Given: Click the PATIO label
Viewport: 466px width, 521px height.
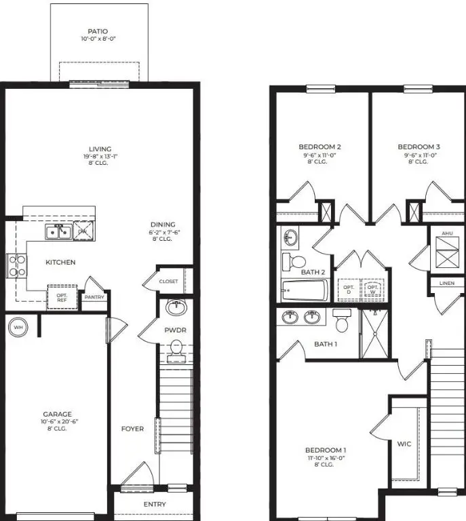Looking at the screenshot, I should point(98,31).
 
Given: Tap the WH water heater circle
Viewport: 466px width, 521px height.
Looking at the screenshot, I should point(18,328).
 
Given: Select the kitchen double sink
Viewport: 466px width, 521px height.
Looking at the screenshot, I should point(59,232).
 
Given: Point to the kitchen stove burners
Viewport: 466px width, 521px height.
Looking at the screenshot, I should point(16,265).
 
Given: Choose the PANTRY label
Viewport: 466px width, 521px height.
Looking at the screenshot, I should point(94,296).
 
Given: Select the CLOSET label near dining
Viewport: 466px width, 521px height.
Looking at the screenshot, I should point(168,282).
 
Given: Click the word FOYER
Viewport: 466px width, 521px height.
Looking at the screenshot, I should point(132,429).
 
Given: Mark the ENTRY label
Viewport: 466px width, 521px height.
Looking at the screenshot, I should point(155,504).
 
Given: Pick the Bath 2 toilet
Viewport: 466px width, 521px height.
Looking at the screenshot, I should point(293,261).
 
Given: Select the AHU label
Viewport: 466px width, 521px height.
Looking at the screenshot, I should point(446,233).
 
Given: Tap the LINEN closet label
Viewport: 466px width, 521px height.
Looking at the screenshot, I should point(446,283).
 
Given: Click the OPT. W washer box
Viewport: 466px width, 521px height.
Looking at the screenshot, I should point(372,289).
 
